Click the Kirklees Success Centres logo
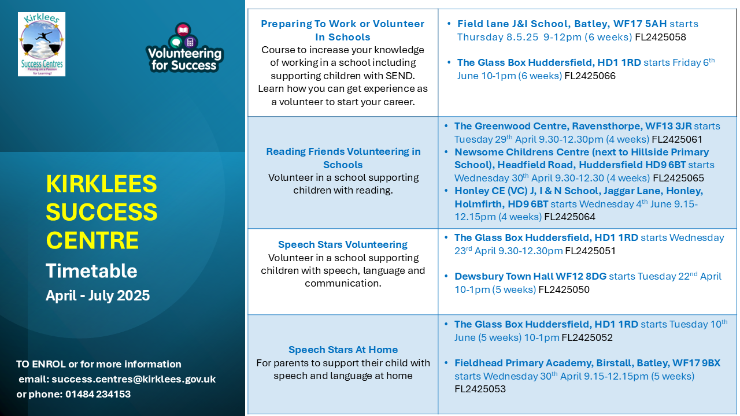(42, 44)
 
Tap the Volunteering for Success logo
(184, 47)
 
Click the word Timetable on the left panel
(91, 271)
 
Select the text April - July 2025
(98, 295)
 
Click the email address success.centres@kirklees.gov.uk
(134, 379)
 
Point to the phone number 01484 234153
(98, 394)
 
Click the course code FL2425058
(660, 37)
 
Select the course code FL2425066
(590, 76)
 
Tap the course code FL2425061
(677, 139)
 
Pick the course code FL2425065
(678, 178)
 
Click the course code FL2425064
(569, 217)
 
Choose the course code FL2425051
(590, 251)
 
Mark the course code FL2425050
(564, 289)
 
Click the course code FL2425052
(587, 337)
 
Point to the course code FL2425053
(480, 389)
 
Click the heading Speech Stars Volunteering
(343, 244)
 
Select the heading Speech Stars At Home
(343, 350)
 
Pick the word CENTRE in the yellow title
(92, 240)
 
